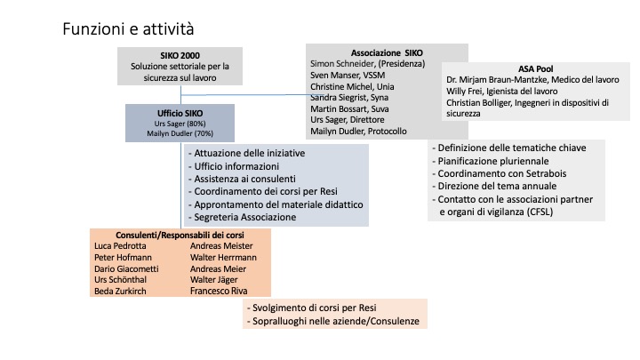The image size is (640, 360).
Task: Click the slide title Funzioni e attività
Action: coord(128,29)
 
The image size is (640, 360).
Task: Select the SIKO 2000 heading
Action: coord(180,55)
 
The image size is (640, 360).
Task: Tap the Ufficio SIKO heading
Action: coord(180,113)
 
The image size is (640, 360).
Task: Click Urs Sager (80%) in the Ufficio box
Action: coord(180,124)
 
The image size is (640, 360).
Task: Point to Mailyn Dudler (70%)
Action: coord(180,133)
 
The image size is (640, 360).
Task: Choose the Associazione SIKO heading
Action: coord(387,53)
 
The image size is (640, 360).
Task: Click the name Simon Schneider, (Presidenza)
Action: coord(367,64)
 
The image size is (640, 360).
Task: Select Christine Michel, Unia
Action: coord(352,86)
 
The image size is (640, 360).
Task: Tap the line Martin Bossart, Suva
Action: coord(349,109)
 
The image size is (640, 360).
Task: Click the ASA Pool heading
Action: coord(535,69)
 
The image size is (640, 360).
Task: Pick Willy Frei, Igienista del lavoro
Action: coord(501,91)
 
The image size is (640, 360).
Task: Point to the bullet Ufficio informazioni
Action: coord(234,166)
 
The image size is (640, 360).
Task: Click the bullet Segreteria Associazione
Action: coord(242,217)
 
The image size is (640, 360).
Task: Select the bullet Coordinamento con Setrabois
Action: coord(500,173)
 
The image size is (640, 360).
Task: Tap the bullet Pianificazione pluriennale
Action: coord(490,161)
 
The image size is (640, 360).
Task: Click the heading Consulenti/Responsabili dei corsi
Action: coord(180,235)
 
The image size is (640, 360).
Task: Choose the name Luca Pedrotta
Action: coord(120,245)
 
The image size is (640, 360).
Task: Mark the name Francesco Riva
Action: coord(219,291)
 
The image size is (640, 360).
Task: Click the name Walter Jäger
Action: coord(214,280)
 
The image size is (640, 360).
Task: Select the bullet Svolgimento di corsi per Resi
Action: coord(311,308)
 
